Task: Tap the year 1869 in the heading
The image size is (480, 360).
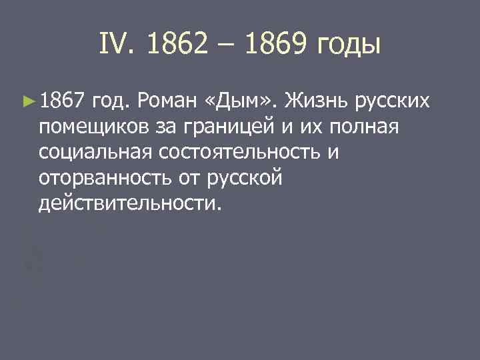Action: (271, 45)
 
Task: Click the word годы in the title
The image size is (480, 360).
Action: (347, 47)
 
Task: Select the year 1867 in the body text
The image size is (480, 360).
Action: (62, 101)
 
